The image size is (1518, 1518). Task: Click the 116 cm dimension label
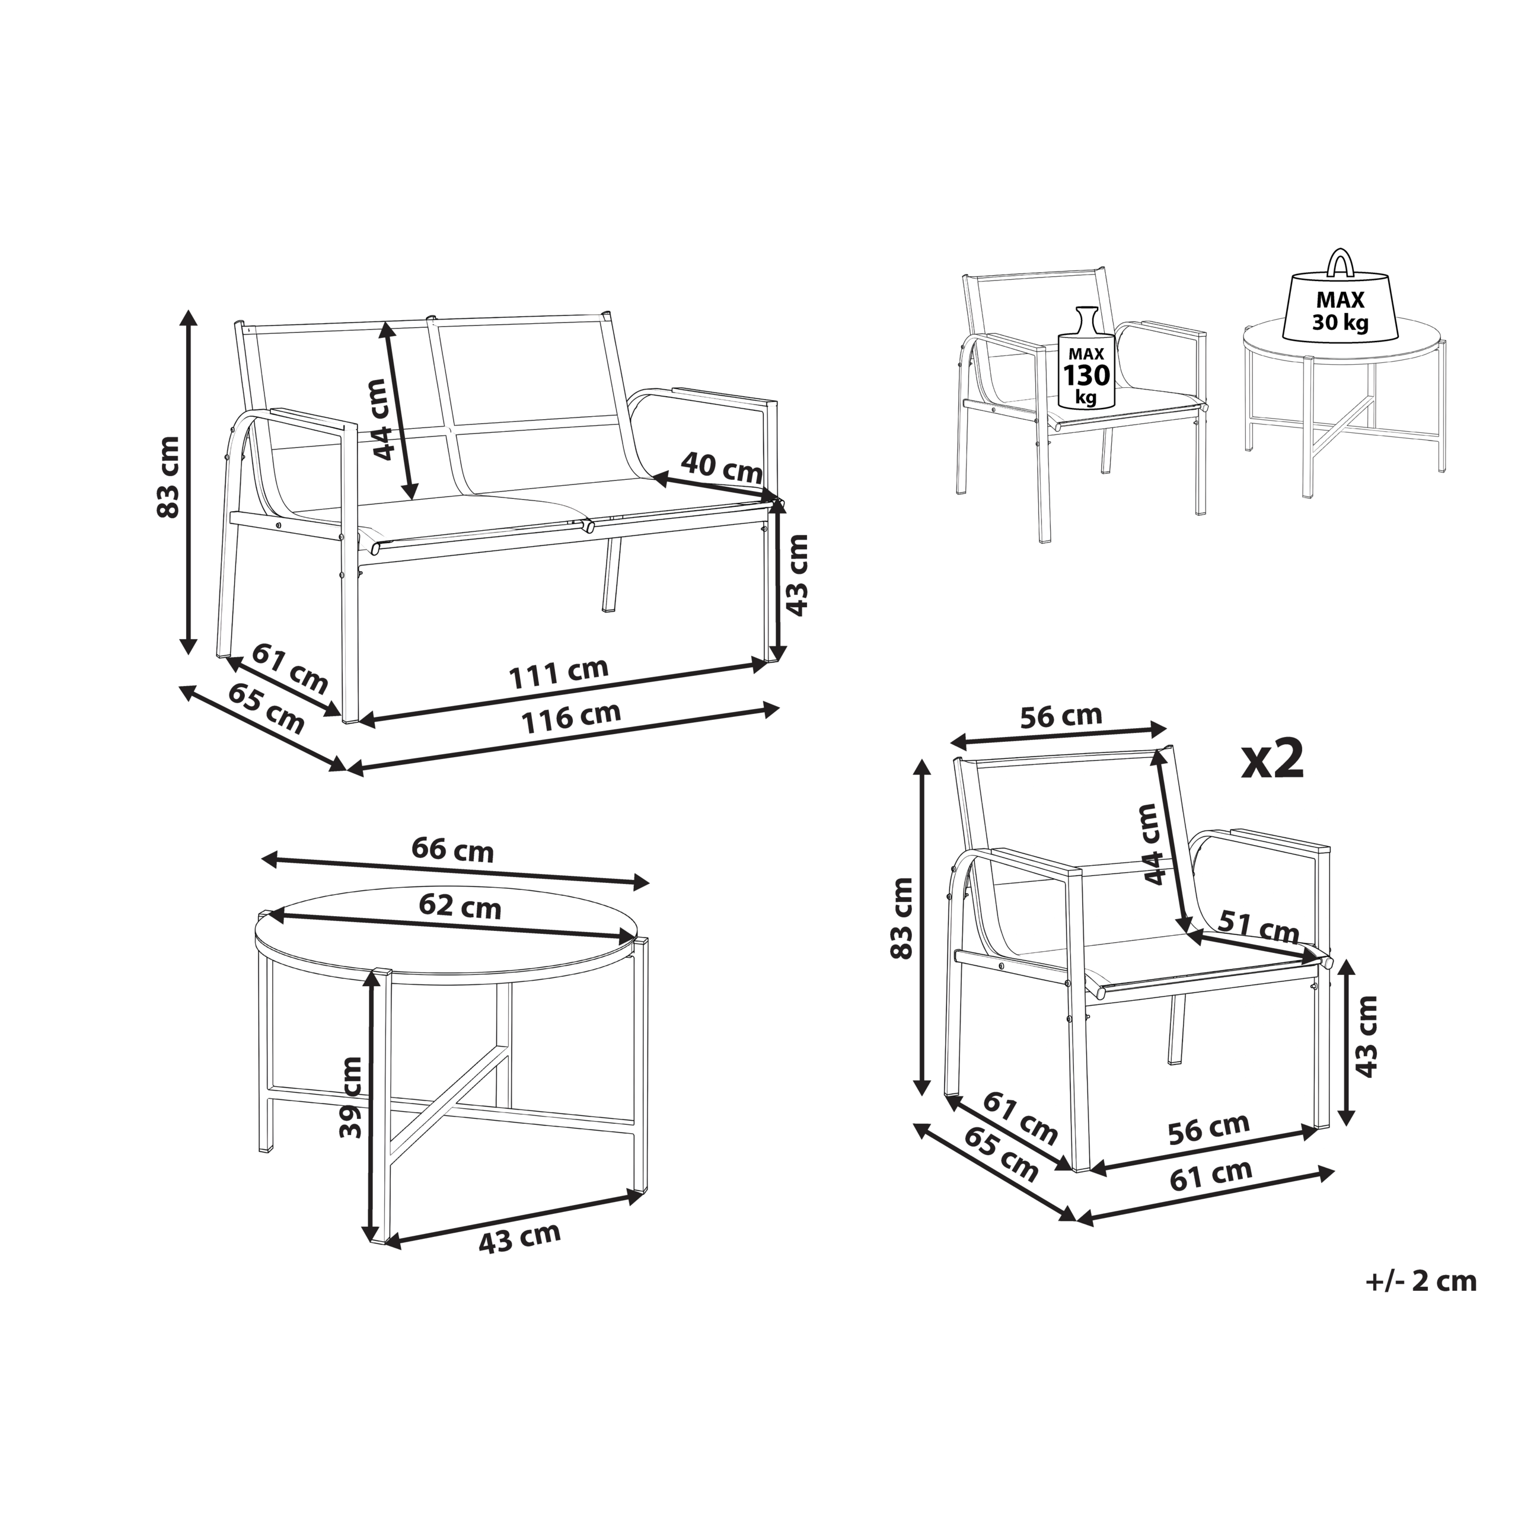572,717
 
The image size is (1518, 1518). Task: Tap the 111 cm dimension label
559,674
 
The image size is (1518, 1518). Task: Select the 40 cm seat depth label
721,468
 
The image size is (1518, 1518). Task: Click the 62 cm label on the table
460,906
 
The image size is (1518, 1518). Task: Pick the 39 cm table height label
350,1098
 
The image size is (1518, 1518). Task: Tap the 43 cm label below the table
519,1238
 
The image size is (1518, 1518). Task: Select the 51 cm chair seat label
1259,927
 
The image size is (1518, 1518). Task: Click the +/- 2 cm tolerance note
1421,1281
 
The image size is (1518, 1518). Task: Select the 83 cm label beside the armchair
902,918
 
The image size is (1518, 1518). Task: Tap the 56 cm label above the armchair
1061,716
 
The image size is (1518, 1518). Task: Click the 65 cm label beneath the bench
266,708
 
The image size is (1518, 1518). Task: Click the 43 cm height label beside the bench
797,575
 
